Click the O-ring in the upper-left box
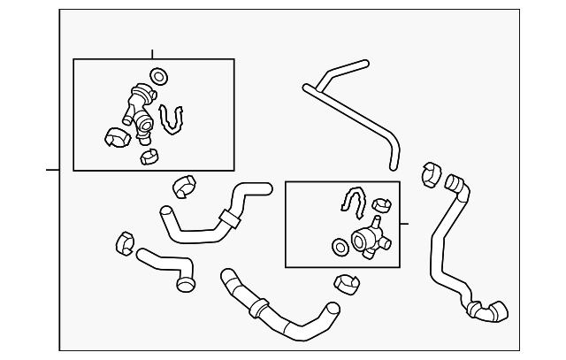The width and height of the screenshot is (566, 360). (159, 76)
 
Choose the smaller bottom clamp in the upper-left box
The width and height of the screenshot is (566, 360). (149, 157)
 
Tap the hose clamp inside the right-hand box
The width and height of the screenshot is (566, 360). (382, 205)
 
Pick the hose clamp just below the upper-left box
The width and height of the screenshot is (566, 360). (184, 185)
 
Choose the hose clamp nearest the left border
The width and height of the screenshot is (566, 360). (125, 241)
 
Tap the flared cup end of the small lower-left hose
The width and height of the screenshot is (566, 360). (185, 283)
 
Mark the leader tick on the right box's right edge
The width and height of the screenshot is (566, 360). (404, 224)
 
